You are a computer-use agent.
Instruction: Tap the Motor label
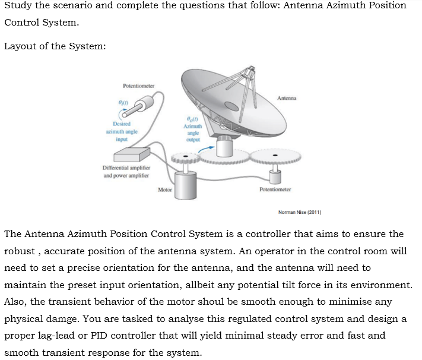pyautogui.click(x=164, y=190)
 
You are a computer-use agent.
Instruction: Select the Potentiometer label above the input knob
pyautogui.click(x=138, y=86)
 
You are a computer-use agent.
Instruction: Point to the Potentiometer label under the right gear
pyautogui.click(x=275, y=190)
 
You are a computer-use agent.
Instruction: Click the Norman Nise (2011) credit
pyautogui.click(x=299, y=211)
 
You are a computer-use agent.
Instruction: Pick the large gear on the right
pyautogui.click(x=275, y=157)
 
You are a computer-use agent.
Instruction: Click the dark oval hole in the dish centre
pyautogui.click(x=231, y=107)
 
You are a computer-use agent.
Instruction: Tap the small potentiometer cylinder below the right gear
pyautogui.click(x=275, y=176)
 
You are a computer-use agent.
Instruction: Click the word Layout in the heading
pyautogui.click(x=21, y=47)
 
